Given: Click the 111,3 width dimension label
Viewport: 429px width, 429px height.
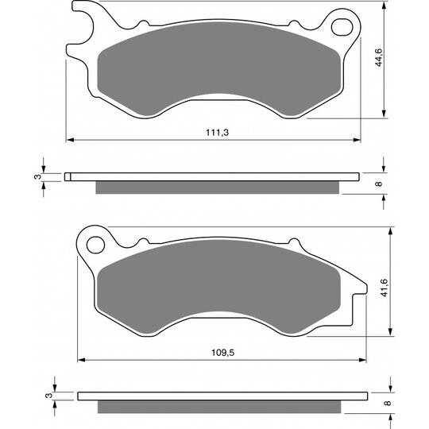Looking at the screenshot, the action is [217, 133].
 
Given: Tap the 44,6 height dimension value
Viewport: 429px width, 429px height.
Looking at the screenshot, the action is [379, 57].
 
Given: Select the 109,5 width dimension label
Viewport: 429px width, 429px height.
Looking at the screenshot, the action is [223, 353].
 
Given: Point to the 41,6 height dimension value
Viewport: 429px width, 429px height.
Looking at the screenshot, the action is [385, 288].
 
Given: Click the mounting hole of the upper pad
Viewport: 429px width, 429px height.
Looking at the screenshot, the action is [342, 27].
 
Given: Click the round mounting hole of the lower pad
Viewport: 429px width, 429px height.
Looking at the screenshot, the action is [96, 245].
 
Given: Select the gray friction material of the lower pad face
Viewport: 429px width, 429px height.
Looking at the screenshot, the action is [219, 288].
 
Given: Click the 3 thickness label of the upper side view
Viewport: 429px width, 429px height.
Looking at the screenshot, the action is [37, 176].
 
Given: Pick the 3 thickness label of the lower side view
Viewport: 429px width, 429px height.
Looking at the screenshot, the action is [48, 396].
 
